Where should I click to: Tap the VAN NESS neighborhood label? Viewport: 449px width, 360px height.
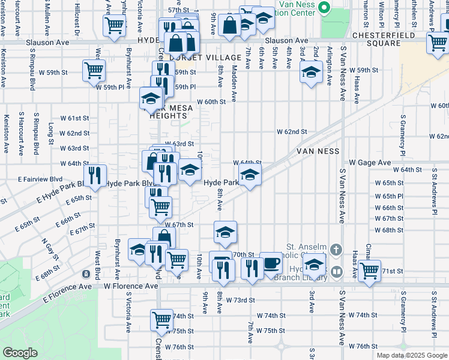[318, 152]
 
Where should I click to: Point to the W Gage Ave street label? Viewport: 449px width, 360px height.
[370, 163]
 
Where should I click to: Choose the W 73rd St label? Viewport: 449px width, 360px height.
[236, 300]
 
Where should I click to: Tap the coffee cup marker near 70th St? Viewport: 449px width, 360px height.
[271, 262]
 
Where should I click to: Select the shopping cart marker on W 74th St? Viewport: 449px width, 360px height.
[161, 320]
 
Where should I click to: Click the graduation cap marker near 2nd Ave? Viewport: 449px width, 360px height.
[310, 73]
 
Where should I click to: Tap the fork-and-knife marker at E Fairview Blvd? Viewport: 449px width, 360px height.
[94, 175]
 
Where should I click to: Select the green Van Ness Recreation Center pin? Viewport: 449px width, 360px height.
[325, 7]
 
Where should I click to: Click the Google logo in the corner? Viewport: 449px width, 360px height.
[20, 353]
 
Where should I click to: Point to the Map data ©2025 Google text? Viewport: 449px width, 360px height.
[411, 355]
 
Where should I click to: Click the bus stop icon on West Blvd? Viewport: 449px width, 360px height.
[86, 274]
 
